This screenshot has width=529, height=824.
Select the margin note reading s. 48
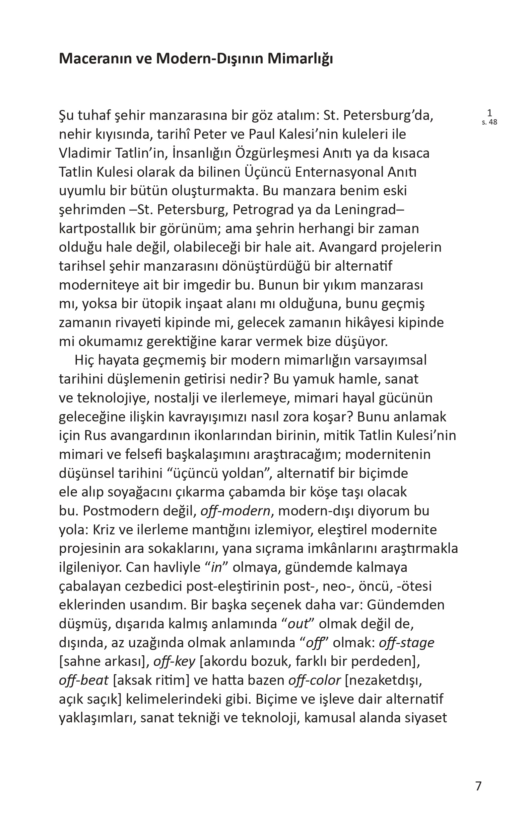(490, 122)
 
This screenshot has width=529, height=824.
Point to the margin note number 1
(490, 113)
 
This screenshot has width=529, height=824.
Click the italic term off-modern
(235, 511)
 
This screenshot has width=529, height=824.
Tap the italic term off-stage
(406, 642)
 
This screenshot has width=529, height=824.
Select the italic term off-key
(174, 661)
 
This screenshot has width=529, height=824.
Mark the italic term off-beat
(84, 680)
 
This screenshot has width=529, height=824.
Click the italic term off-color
(314, 680)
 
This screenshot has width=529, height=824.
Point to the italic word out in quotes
(298, 624)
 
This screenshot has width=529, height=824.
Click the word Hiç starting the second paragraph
(84, 360)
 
